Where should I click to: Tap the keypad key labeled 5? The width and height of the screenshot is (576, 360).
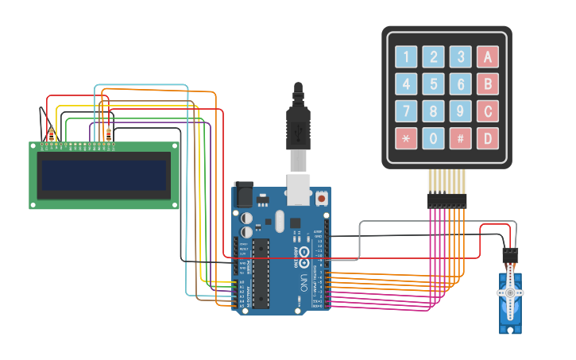pyautogui.click(x=433, y=83)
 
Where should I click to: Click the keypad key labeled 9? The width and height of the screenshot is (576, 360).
pyautogui.click(x=460, y=110)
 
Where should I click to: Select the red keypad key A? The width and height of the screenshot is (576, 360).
pyautogui.click(x=487, y=56)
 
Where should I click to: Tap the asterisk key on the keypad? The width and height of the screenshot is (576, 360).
pyautogui.click(x=406, y=137)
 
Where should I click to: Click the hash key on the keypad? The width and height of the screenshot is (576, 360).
pyautogui.click(x=460, y=137)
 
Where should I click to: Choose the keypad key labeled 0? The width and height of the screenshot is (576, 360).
pyautogui.click(x=433, y=137)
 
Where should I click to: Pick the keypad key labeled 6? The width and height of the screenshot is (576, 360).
pyautogui.click(x=460, y=83)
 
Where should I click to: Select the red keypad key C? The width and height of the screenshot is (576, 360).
pyautogui.click(x=487, y=110)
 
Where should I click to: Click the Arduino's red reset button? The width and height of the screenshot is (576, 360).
pyautogui.click(x=321, y=197)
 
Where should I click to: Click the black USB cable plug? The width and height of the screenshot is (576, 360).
pyautogui.click(x=298, y=127)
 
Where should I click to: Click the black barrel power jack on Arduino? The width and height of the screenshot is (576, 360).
pyautogui.click(x=243, y=195)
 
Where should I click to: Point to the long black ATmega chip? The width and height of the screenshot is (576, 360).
pyautogui.click(x=261, y=273)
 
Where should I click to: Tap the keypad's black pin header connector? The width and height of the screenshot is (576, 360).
pyautogui.click(x=446, y=200)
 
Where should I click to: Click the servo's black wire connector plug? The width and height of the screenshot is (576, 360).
pyautogui.click(x=510, y=255)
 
